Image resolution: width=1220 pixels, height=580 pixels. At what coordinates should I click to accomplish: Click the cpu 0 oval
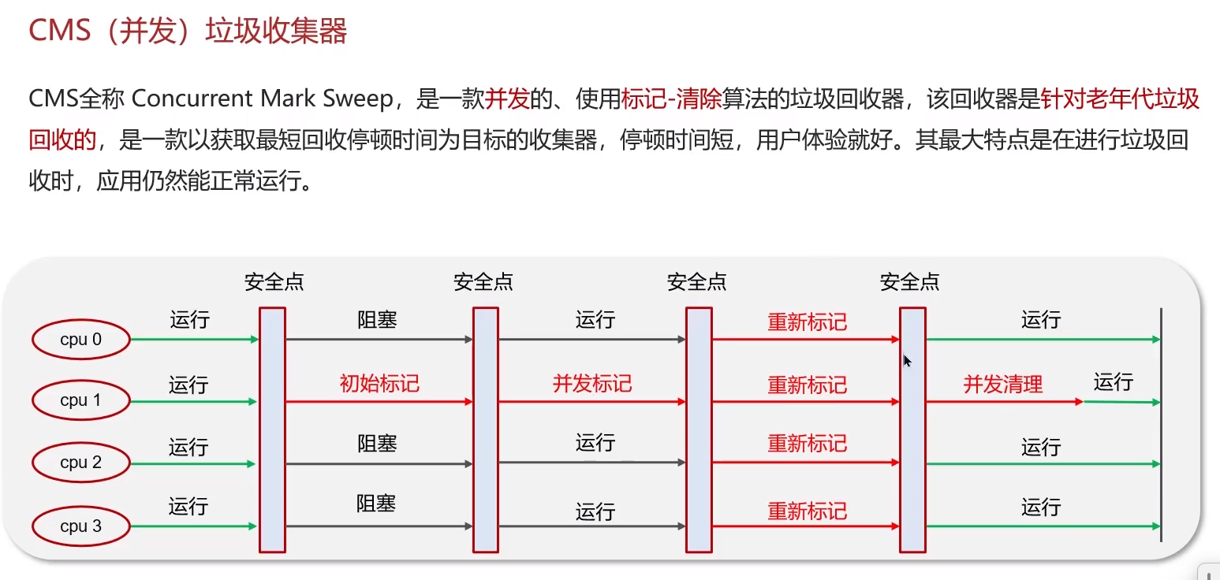coord(80,340)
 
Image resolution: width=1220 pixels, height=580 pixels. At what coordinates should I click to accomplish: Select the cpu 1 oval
coord(80,400)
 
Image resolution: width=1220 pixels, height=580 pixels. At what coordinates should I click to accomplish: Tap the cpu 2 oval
coord(80,463)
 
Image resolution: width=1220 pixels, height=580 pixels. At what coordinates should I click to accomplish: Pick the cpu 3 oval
coord(80,526)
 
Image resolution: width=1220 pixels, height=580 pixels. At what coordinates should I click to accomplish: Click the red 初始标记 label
coord(379,384)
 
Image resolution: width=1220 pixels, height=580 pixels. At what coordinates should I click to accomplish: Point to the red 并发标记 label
coord(592,384)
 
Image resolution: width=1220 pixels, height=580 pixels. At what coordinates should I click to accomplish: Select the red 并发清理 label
coord(1003,385)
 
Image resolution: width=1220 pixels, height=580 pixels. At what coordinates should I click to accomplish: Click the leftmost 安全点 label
coord(274,282)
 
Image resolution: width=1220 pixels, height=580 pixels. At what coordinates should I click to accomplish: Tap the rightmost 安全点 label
coord(909,282)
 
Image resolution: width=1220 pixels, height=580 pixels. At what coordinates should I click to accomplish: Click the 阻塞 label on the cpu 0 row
coord(377,320)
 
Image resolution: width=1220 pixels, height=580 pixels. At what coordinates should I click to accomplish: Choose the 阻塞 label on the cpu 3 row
coord(376,504)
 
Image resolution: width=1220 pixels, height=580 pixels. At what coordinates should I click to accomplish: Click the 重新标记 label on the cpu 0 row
coord(807,322)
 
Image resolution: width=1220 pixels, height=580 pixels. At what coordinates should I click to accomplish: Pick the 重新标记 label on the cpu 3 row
coord(807,511)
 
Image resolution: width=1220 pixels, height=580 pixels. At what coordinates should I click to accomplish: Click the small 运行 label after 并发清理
coord(1113,382)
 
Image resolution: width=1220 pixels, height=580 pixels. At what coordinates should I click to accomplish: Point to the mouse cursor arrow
coord(907,360)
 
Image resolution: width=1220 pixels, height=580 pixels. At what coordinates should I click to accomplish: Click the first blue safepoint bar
coord(272,429)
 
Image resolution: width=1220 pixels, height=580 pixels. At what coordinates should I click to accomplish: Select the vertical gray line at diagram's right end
coord(1161,426)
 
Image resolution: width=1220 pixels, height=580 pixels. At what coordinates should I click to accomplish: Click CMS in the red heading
coord(58,32)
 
